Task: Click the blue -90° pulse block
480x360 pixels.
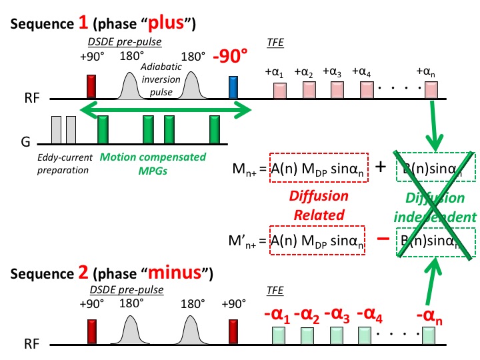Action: click(x=233, y=89)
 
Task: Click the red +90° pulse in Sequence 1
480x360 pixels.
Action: click(x=92, y=87)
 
